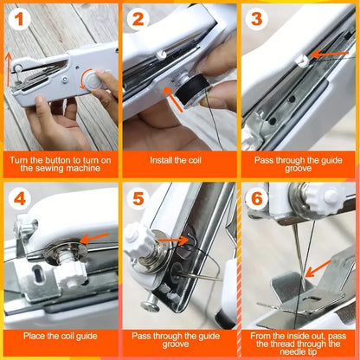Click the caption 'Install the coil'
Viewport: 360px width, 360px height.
[179, 161]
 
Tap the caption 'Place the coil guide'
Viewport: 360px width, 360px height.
[60, 337]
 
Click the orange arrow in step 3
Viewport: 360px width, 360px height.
[325, 54]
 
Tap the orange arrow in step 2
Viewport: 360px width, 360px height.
[176, 101]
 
